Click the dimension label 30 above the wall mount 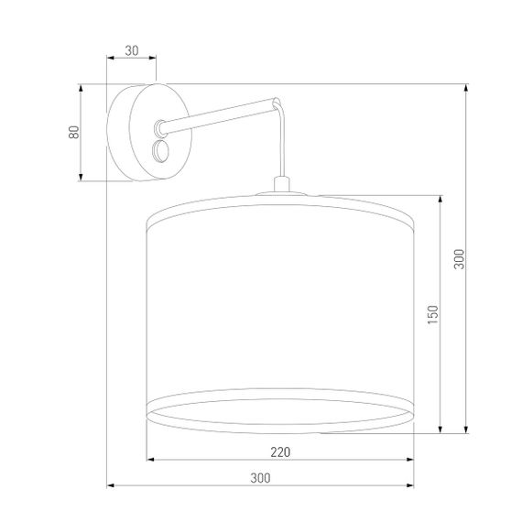(131, 51)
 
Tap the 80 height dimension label (74, 133)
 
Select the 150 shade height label (433, 314)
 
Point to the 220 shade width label (281, 451)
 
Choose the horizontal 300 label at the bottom (261, 477)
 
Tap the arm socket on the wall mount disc (160, 124)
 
